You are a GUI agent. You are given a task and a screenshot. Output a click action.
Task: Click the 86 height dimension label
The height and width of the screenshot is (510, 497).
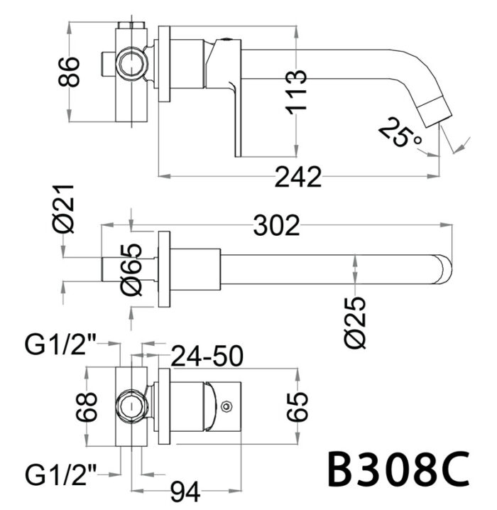point(70,70)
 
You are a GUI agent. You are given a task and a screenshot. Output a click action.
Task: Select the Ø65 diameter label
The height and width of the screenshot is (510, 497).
point(132,269)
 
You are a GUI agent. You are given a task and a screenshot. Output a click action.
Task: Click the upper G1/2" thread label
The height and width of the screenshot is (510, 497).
point(60,346)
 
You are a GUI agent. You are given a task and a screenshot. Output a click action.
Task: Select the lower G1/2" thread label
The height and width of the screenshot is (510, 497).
point(60,471)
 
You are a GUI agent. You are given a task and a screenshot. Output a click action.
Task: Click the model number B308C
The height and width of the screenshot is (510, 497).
point(397,470)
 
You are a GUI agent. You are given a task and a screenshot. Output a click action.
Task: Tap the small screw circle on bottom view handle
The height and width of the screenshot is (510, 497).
point(226,407)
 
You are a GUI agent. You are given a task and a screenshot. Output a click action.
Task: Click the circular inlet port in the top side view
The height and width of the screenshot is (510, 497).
point(131,64)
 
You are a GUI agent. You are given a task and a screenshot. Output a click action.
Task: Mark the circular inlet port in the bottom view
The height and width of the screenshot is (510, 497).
point(130,407)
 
